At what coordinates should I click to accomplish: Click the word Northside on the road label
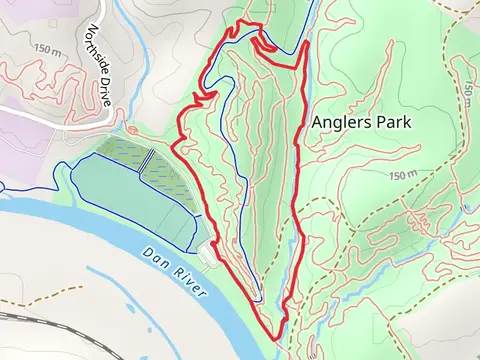click(97, 46)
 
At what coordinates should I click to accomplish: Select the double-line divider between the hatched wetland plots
click(147, 160)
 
